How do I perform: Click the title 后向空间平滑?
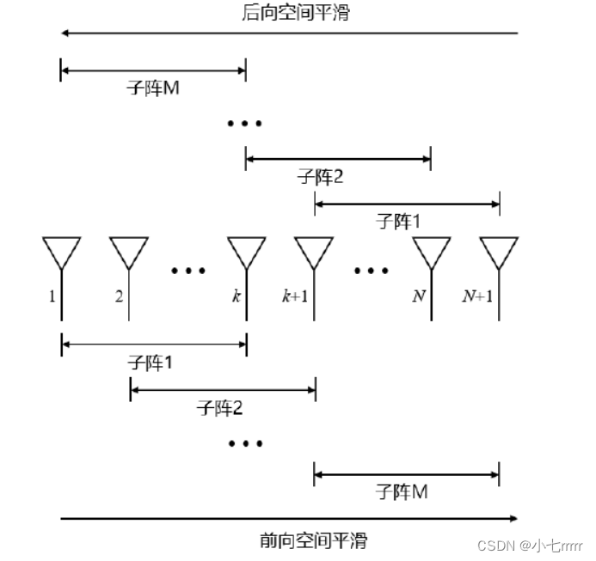[297, 13]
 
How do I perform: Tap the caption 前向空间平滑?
[313, 541]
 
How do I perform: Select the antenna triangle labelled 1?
[61, 250]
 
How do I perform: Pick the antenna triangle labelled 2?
[129, 250]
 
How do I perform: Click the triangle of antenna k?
[247, 250]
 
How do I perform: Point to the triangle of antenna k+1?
[314, 250]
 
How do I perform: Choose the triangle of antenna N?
[432, 250]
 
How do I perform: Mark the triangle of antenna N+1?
[499, 250]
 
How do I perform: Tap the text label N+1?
[478, 296]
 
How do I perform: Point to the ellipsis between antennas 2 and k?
[188, 271]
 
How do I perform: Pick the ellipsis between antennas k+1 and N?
[372, 271]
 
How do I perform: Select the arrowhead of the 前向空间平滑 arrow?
[513, 518]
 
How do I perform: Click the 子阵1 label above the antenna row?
[398, 222]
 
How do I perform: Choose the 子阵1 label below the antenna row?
[151, 363]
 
